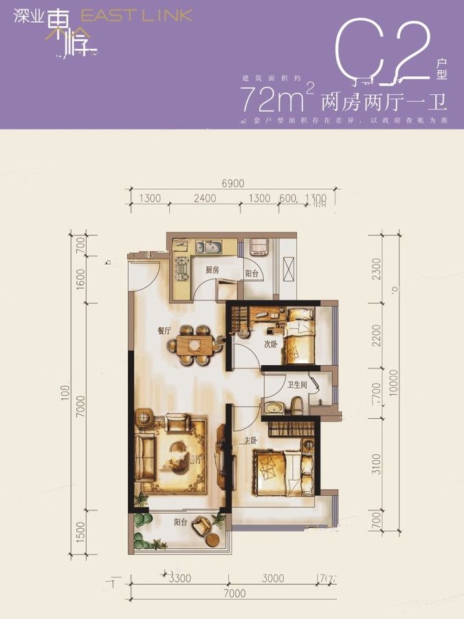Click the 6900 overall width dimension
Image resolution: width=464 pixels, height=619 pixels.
coord(233,183)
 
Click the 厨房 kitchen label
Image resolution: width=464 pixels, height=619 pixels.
coord(212,270)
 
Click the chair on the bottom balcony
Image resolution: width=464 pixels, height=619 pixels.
coord(201,527)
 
